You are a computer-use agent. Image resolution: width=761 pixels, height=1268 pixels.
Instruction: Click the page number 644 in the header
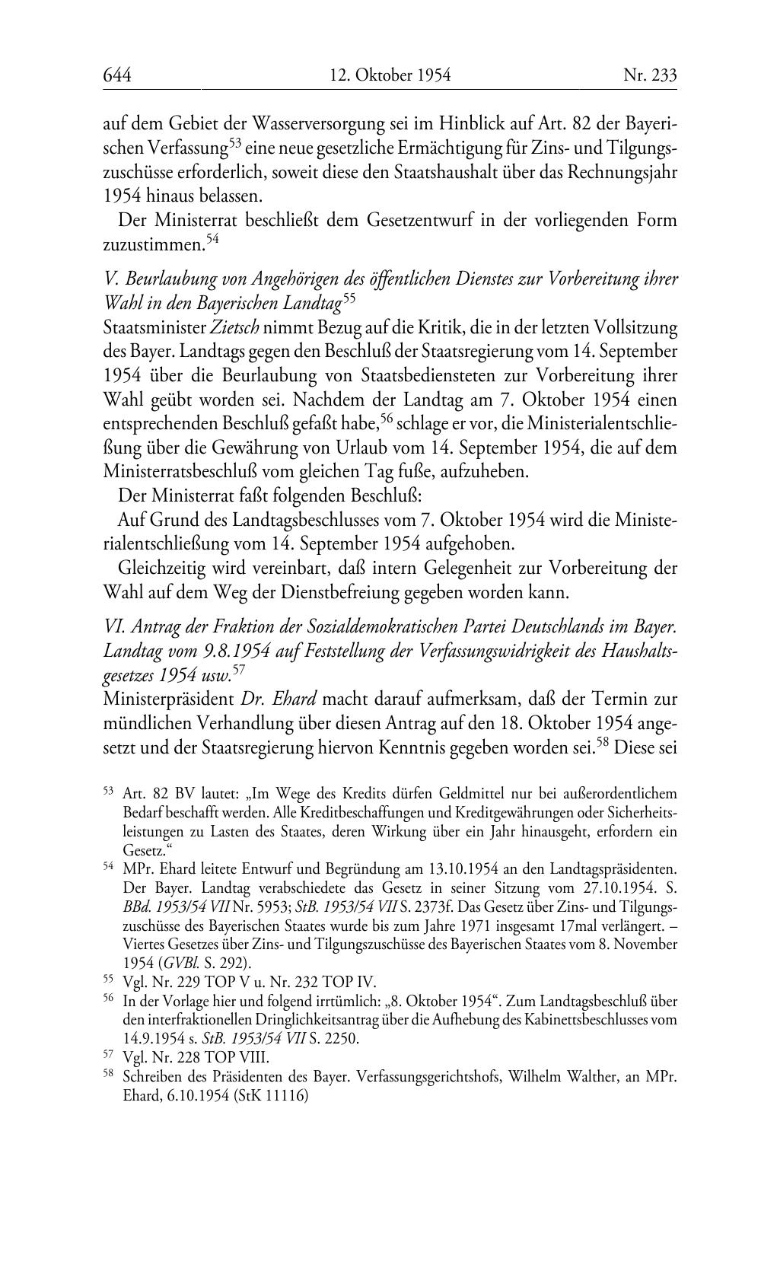[x=117, y=75]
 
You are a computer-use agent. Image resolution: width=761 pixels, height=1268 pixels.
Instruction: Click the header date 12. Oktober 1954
[x=390, y=75]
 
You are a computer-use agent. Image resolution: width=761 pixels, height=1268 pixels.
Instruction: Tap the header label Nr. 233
[x=649, y=75]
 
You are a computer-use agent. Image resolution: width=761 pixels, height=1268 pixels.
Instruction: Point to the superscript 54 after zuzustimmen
[x=212, y=239]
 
